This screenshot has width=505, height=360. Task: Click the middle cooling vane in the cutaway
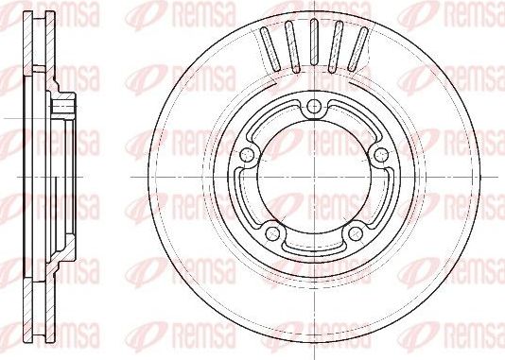313,43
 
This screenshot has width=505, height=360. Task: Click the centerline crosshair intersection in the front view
313,179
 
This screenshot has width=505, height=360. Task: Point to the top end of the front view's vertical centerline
313,4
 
